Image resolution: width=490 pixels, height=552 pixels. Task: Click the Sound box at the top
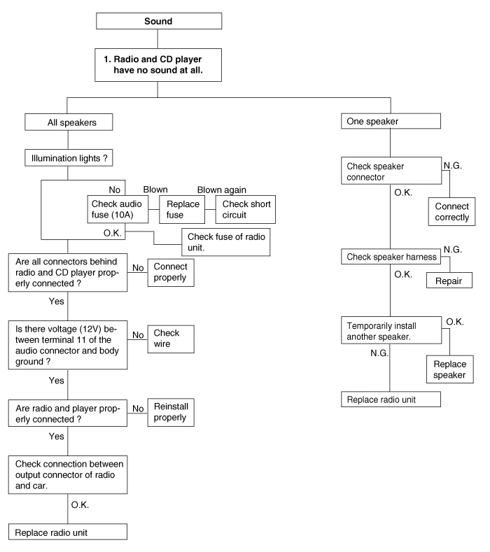click(159, 22)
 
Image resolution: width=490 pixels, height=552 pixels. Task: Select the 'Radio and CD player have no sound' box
click(159, 64)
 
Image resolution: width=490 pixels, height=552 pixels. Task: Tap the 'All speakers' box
click(70, 123)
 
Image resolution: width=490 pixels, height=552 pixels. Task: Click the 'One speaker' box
click(389, 122)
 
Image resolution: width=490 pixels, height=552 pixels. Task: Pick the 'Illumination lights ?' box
click(69, 158)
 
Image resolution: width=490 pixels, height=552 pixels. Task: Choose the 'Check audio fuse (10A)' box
click(117, 208)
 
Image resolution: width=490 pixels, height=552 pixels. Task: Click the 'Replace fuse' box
click(182, 208)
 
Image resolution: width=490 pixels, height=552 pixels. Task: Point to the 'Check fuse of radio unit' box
click(226, 242)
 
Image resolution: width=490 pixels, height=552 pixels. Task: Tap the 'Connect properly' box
click(170, 272)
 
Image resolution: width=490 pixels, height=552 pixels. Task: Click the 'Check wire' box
click(170, 339)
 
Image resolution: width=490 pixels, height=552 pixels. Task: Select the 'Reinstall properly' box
click(170, 412)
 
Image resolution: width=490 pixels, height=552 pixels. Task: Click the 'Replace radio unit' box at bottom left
click(68, 532)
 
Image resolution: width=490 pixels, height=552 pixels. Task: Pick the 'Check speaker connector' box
click(389, 171)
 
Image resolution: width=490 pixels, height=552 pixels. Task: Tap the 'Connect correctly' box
click(451, 212)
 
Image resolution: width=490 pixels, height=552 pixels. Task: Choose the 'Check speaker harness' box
click(389, 257)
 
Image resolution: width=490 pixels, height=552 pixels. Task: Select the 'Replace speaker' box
click(449, 369)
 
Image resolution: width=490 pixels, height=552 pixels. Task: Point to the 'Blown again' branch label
click(220, 190)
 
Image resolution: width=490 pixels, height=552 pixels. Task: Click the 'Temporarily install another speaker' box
click(389, 331)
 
